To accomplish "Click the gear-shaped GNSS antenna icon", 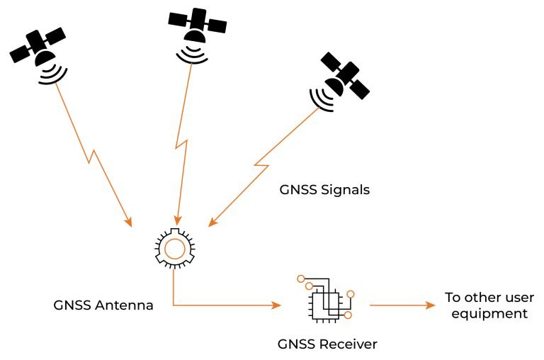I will coord(174,247).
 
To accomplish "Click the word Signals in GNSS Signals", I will coord(346,191).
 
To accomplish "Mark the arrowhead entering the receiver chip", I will coord(276,306).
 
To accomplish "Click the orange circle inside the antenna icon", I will coord(174,247).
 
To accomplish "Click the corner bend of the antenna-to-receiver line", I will coord(174,306).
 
